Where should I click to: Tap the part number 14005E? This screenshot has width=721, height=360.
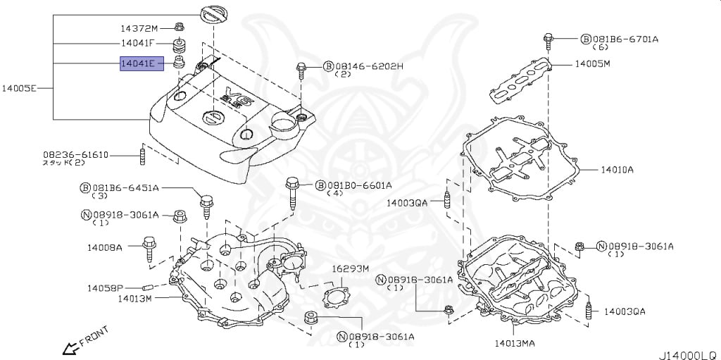coord(18,89)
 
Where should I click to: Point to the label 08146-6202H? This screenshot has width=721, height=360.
coord(368,66)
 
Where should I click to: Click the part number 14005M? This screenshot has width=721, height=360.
coord(592,63)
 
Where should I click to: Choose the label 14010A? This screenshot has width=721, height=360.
coord(617,170)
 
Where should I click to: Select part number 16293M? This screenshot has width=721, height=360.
coord(351,268)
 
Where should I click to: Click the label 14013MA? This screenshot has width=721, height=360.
coord(514,344)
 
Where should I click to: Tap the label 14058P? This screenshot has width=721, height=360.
coord(106,288)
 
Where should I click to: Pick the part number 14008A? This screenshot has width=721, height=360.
coord(105,247)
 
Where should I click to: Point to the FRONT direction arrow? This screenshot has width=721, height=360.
coord(70,347)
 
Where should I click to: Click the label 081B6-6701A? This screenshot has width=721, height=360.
coord(625,39)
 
